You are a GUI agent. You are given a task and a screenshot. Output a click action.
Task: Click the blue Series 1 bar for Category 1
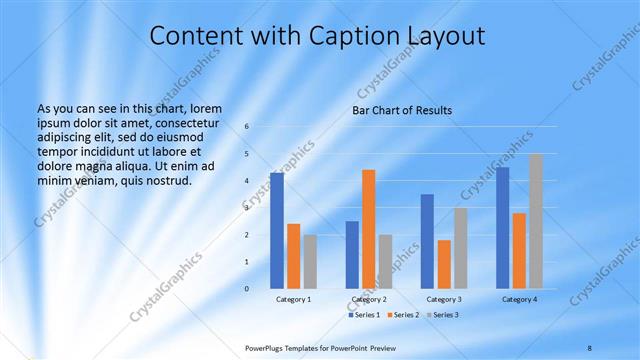[x=277, y=231]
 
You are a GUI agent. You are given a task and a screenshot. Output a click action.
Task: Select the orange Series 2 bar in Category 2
[x=369, y=229]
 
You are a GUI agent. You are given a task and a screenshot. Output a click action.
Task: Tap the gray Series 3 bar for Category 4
[x=536, y=221]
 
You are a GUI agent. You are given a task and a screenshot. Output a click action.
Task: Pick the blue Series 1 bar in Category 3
[x=427, y=241]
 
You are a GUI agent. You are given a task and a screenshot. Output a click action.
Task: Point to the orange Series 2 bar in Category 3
[x=444, y=264]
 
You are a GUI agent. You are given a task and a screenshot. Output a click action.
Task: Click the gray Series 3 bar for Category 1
[x=310, y=261]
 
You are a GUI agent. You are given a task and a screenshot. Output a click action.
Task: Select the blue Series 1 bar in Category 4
[x=502, y=228]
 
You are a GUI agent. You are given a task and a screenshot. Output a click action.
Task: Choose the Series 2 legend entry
[x=404, y=315]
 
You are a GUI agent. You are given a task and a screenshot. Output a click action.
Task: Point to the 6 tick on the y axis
[x=247, y=126]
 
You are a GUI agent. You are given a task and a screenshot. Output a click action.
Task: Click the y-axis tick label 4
[x=247, y=180]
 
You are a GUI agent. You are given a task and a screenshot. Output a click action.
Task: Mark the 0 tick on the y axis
[x=247, y=288]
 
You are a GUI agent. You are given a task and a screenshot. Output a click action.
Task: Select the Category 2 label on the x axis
[x=369, y=299]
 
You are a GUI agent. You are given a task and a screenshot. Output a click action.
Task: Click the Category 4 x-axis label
[x=519, y=299]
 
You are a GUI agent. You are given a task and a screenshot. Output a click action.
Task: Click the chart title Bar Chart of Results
[x=402, y=110]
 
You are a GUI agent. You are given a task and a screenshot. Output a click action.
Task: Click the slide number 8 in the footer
[x=589, y=347]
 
